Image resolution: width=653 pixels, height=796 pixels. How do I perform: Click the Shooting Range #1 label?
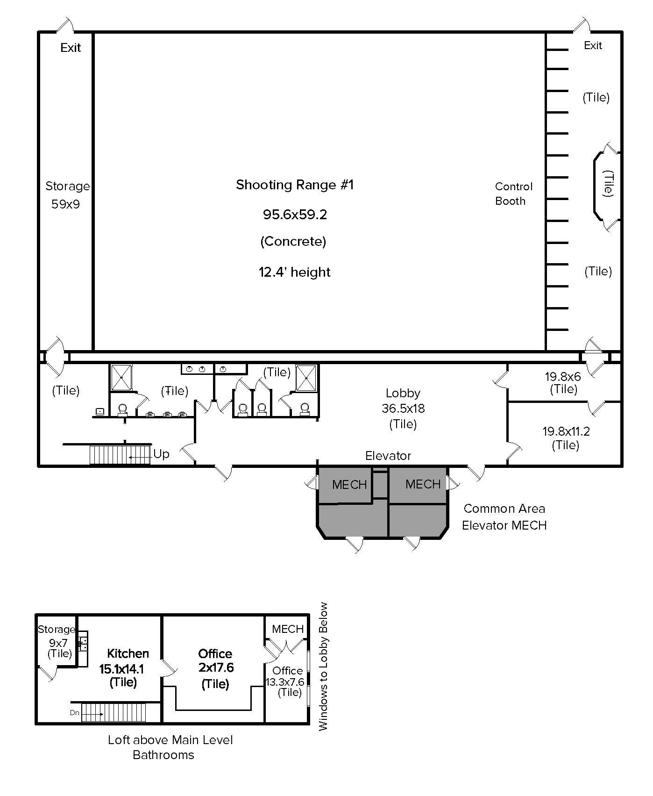[x=295, y=185]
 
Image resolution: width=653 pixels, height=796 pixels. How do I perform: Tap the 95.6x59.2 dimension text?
[x=295, y=215]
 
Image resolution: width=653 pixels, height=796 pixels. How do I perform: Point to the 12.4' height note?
[x=295, y=272]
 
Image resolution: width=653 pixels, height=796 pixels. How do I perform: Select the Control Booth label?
[x=513, y=194]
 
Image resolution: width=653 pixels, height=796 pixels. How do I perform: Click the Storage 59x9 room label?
[x=67, y=195]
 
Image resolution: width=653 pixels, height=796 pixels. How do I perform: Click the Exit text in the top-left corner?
[x=71, y=48]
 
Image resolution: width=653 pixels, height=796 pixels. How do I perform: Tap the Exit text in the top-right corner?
[x=593, y=45]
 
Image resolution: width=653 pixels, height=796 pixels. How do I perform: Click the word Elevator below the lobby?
[x=388, y=456]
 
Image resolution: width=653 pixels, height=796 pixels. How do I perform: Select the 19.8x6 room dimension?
[x=562, y=377]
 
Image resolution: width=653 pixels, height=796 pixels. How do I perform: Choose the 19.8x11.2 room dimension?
[x=566, y=431]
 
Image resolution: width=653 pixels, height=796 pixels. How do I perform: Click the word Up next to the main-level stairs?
[x=161, y=454]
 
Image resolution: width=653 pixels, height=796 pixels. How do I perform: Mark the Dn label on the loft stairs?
[x=75, y=713]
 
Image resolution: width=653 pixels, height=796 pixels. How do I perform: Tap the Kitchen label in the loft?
[x=128, y=653]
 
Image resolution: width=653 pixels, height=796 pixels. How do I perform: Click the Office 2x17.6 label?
[x=215, y=660]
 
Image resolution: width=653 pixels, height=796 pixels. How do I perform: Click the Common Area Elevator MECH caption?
[x=504, y=516]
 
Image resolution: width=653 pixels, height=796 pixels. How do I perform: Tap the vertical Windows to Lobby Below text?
[x=324, y=666]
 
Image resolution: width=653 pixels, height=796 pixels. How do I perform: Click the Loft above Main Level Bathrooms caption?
[x=170, y=747]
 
